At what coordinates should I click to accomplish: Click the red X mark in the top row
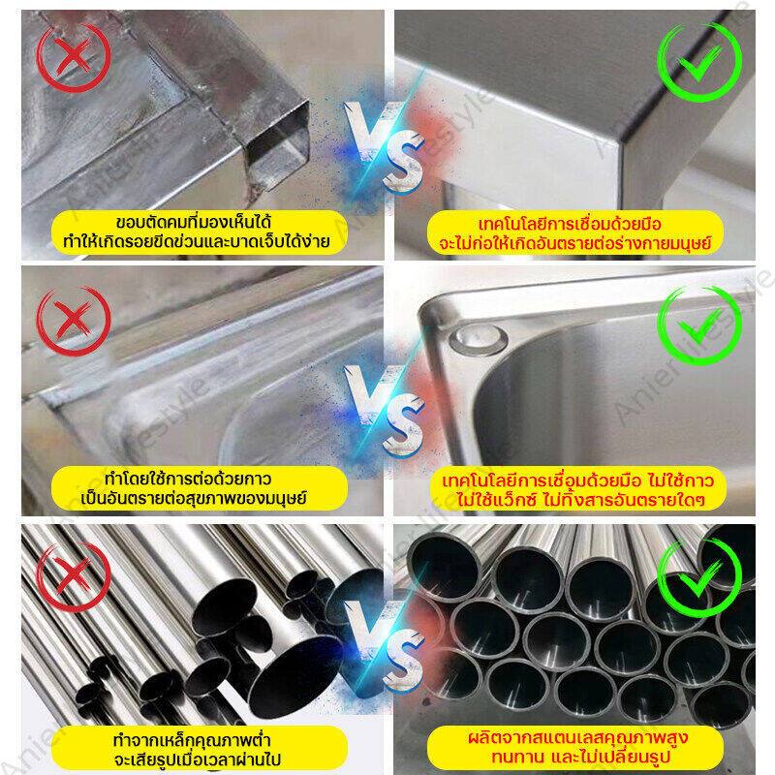tap(74, 57)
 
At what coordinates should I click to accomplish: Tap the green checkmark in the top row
tap(698, 61)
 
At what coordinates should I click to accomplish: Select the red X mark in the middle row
tap(74, 321)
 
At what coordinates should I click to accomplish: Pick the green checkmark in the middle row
tap(698, 325)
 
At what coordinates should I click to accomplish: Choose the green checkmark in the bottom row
tap(698, 579)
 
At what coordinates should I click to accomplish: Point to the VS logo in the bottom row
tap(385, 646)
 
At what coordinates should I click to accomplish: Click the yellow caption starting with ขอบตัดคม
tap(200, 232)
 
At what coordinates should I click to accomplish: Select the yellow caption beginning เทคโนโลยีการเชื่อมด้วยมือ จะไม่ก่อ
tap(574, 232)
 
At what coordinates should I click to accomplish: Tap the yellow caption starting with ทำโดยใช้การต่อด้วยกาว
tap(200, 488)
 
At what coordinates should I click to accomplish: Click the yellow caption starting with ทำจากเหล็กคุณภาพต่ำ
tap(200, 748)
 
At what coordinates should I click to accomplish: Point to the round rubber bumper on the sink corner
tap(478, 338)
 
